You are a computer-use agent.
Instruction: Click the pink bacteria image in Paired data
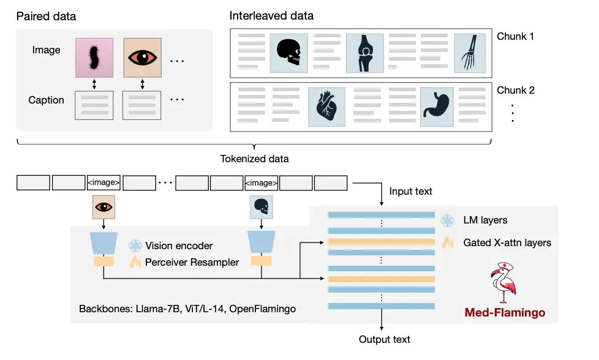(94, 58)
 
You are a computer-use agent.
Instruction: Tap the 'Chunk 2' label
(516, 90)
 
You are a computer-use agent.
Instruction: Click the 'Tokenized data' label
(254, 159)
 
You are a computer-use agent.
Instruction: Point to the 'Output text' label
(384, 339)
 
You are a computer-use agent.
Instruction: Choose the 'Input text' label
(410, 191)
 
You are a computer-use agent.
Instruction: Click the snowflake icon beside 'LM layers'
(448, 220)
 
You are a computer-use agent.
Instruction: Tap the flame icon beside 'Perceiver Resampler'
(134, 262)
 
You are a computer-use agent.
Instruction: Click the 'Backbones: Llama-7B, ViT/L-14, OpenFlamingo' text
(187, 309)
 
